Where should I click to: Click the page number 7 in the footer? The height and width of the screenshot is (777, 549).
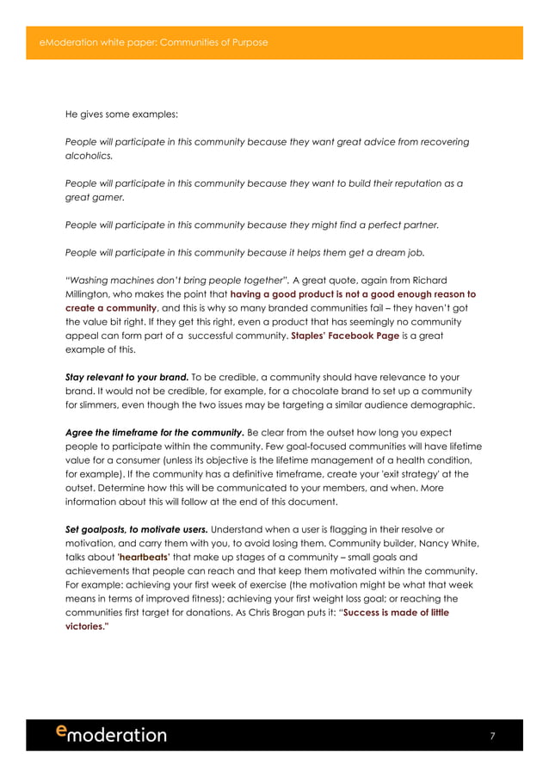coord(492,736)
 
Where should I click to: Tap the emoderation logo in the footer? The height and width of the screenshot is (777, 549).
coord(111,734)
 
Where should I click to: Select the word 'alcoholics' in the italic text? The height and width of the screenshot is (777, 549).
coord(89,157)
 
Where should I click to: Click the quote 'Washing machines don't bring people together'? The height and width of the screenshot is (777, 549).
coord(177,280)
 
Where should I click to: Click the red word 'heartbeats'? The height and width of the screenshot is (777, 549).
coord(143,557)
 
